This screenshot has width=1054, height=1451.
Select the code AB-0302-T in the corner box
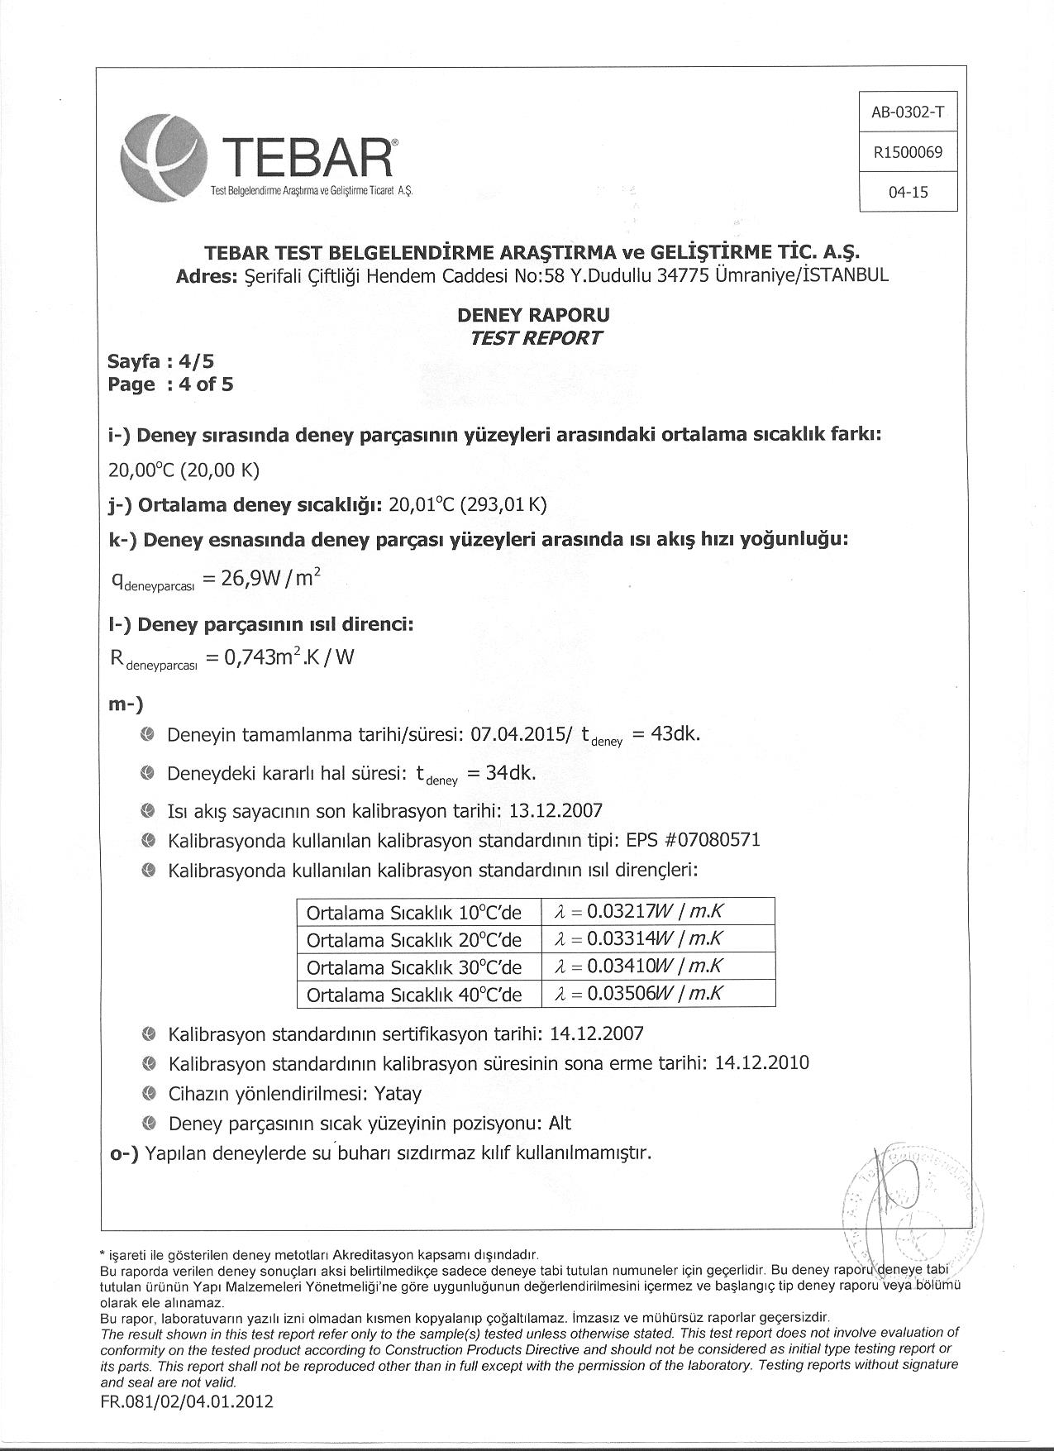[908, 112]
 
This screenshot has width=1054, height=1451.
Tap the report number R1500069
[908, 152]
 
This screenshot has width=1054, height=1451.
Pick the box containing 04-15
[908, 192]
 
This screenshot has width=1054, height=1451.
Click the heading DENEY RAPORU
[533, 315]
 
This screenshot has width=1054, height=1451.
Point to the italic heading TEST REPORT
[536, 337]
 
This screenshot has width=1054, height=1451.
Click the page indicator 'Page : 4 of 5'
[170, 384]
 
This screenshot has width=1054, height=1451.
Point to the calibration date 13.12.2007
[556, 810]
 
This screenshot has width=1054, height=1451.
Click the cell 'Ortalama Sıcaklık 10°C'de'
[414, 913]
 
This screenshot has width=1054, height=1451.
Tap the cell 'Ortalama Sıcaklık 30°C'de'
[414, 967]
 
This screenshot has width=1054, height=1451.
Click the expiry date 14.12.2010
[761, 1063]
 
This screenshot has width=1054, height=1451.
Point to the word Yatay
[398, 1094]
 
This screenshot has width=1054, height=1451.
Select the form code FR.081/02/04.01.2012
[187, 1401]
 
